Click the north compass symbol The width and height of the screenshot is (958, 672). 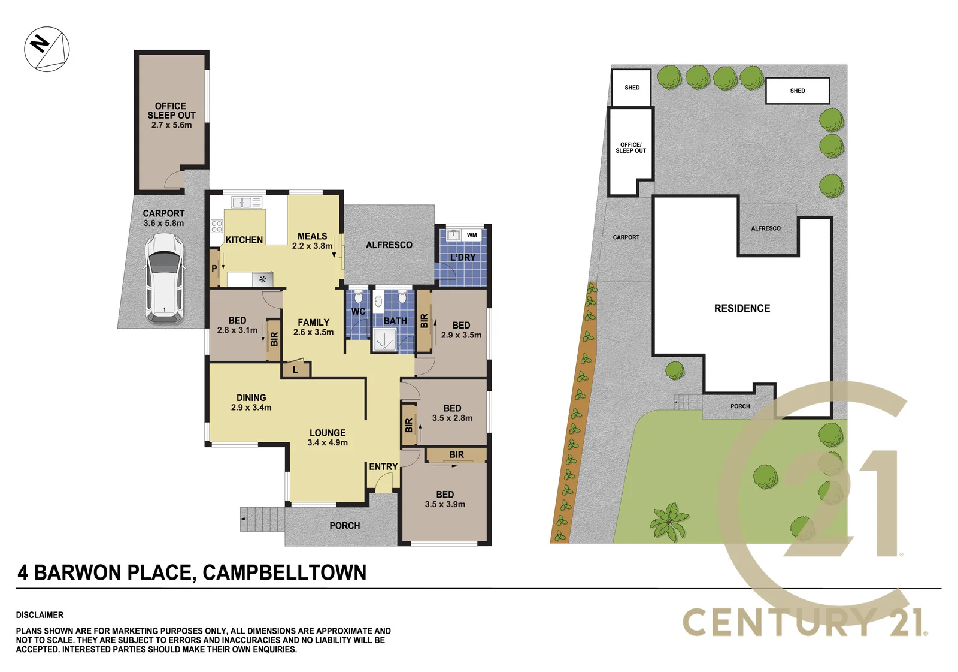pos(47,49)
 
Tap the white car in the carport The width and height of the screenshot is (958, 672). pos(164,278)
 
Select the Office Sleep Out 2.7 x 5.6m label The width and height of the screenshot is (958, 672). pos(171,115)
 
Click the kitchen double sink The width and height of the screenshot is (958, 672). pos(246,202)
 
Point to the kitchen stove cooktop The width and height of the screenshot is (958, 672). pos(217,226)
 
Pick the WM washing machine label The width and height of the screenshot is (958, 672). pos(472,235)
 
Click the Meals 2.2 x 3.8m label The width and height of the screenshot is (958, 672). pos(312,241)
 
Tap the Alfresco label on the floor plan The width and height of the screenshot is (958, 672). pos(389,245)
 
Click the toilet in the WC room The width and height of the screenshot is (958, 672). pos(358,296)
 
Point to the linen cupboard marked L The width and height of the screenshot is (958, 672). pos(296,370)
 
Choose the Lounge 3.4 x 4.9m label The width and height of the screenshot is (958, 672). pos(328,438)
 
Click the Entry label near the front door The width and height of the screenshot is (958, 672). pos(383,466)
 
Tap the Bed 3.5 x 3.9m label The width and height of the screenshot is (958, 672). pos(445,499)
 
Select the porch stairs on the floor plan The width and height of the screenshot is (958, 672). pos(262,519)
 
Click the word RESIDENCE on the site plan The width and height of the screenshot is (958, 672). pos(742,308)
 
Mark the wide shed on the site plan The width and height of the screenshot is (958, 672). pos(797,91)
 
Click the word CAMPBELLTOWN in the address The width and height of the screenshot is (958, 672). pos(284,572)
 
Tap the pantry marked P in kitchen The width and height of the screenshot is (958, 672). pos(214,269)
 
